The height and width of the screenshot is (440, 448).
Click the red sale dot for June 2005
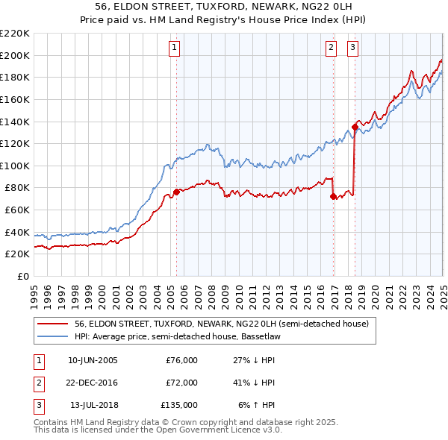pos(176,192)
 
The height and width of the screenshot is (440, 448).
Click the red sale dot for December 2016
pos(333,196)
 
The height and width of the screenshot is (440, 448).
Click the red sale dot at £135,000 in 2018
pos(355,127)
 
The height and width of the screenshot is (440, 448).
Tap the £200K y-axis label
pos(15,55)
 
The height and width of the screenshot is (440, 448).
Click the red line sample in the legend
pos(53,324)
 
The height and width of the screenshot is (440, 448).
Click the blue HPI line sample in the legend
pos(53,336)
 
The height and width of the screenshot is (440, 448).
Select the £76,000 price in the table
pos(181,360)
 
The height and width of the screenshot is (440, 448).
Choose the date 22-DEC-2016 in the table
pos(93,383)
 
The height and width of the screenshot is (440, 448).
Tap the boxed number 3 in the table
pos(37,405)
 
